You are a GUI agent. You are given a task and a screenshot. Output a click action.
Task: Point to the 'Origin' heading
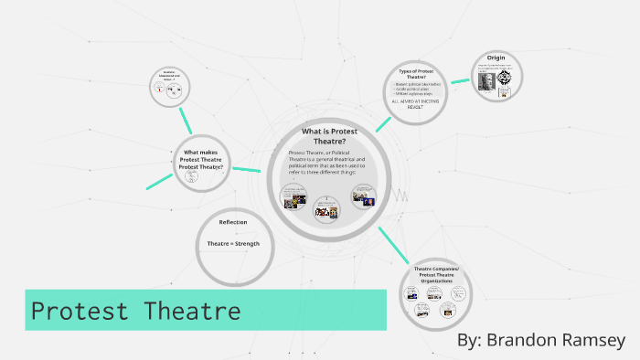[x=496, y=58]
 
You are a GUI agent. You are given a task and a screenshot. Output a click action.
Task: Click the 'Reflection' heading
[x=232, y=223]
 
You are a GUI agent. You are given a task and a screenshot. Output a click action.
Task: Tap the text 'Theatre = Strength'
[x=232, y=243]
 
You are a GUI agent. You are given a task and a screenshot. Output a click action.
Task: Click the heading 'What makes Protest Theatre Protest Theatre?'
[x=201, y=160]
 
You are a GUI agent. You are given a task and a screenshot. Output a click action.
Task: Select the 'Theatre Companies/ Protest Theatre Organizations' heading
[x=438, y=275]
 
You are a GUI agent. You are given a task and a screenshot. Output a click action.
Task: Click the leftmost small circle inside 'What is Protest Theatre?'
[x=292, y=197]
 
